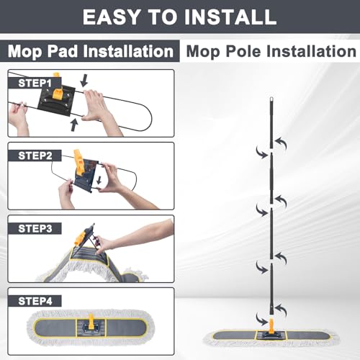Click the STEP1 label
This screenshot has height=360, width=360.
point(35,83)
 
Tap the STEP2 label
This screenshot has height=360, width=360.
point(35,156)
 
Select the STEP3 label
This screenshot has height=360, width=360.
point(35,228)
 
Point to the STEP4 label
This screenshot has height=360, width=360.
point(35,301)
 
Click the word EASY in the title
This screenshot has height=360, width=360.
point(112,17)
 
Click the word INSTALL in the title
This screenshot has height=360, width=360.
point(230,17)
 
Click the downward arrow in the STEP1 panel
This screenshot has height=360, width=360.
point(84,81)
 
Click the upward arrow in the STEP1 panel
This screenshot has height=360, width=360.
point(74,125)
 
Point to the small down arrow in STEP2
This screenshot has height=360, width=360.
point(99,180)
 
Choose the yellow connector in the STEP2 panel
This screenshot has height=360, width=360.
point(78,162)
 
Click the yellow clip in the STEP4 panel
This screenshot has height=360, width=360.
point(91,322)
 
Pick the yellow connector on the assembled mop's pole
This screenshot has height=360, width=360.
point(271,325)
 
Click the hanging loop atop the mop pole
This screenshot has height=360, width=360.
point(271,99)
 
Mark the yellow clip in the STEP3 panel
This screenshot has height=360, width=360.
point(80,236)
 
